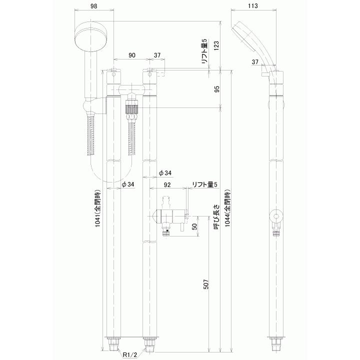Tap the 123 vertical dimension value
(x=216, y=46)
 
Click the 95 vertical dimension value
(x=216, y=89)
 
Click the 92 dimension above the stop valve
(x=168, y=184)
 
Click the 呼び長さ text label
(x=216, y=216)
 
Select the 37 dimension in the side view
(x=255, y=62)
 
